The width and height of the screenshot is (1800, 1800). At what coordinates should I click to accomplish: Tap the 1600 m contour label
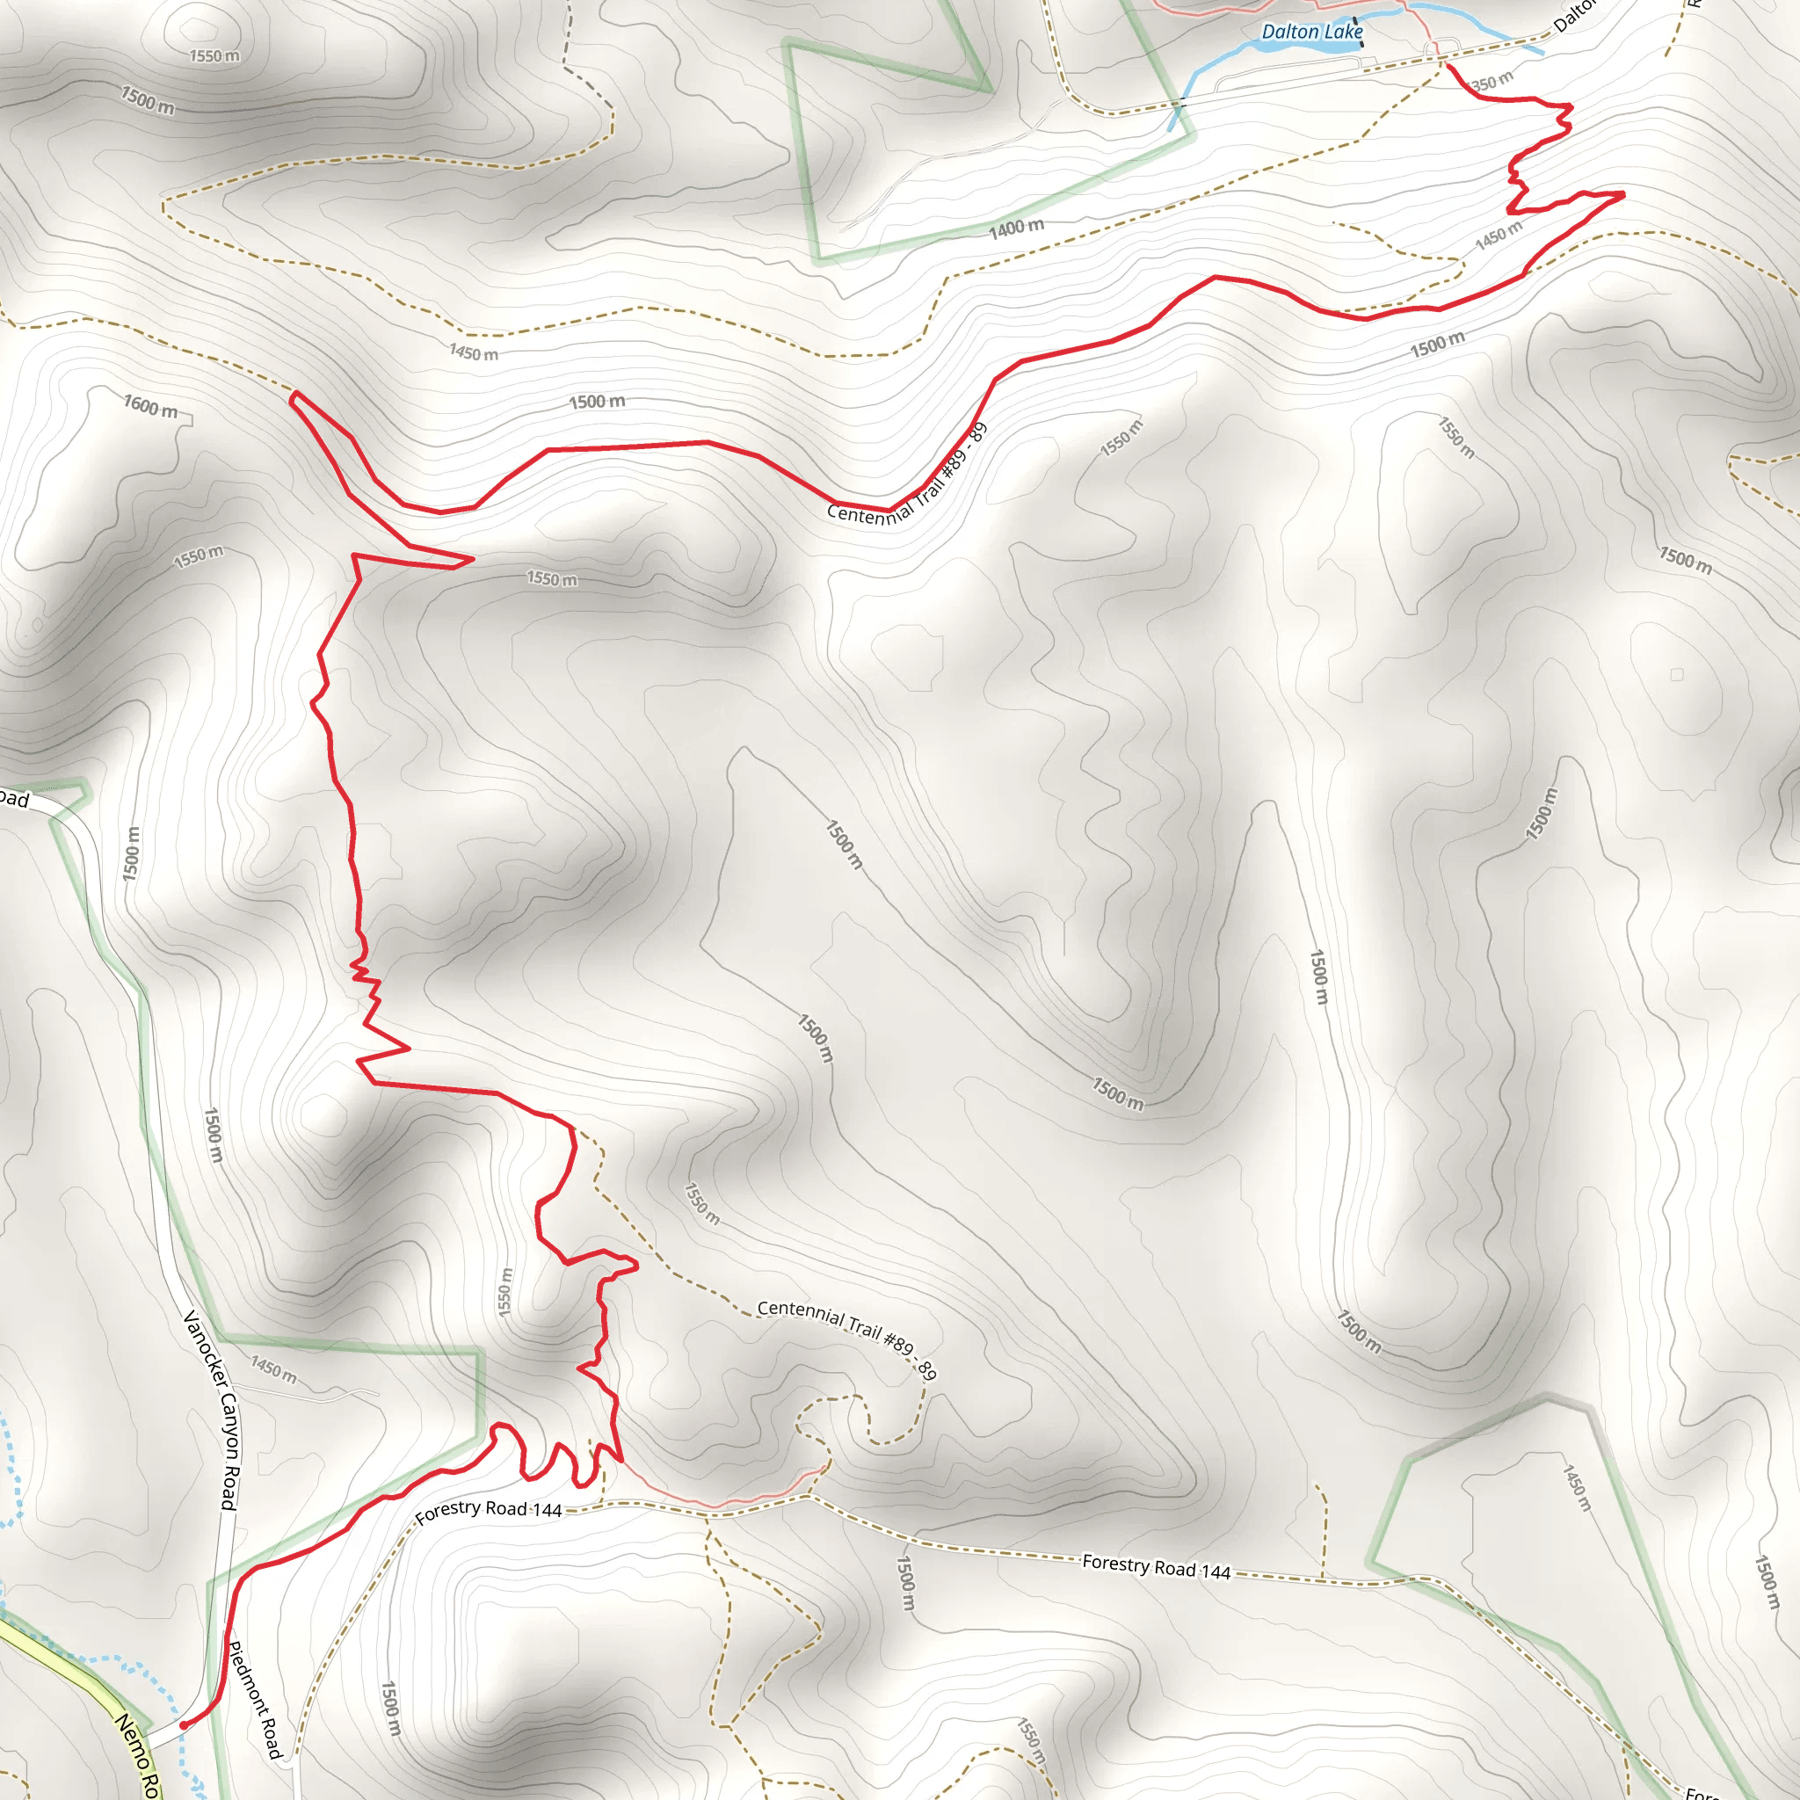coord(151,407)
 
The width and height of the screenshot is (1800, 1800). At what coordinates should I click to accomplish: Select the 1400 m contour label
coord(1017,228)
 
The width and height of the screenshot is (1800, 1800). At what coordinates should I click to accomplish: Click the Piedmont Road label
coord(254,1701)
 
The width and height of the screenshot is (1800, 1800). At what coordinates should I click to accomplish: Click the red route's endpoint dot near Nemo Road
coord(184,1724)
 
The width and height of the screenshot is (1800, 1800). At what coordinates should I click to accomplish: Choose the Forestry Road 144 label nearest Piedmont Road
coord(488,1510)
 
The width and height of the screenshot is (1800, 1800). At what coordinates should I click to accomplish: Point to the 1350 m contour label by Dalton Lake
coord(1490,83)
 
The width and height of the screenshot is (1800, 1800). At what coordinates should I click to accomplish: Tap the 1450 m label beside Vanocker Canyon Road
coord(274,1368)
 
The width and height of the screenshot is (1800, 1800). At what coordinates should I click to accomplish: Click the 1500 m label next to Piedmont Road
coord(391,1709)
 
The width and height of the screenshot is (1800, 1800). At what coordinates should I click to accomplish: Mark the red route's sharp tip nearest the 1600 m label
coord(294,396)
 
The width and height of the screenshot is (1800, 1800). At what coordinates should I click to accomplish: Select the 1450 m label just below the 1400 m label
coord(474,352)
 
